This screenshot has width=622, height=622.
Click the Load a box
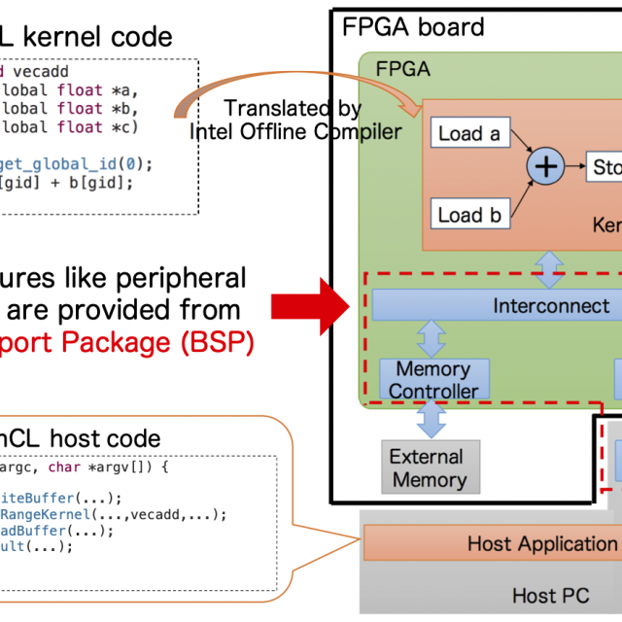[468, 134]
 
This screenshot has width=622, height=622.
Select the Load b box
[468, 215]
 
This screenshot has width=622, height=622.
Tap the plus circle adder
[547, 167]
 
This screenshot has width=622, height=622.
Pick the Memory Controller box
[433, 380]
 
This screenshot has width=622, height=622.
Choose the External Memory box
[427, 467]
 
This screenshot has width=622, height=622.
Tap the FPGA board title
[413, 26]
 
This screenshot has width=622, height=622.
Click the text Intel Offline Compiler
[309, 130]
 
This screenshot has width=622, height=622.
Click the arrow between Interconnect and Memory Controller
[432, 339]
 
